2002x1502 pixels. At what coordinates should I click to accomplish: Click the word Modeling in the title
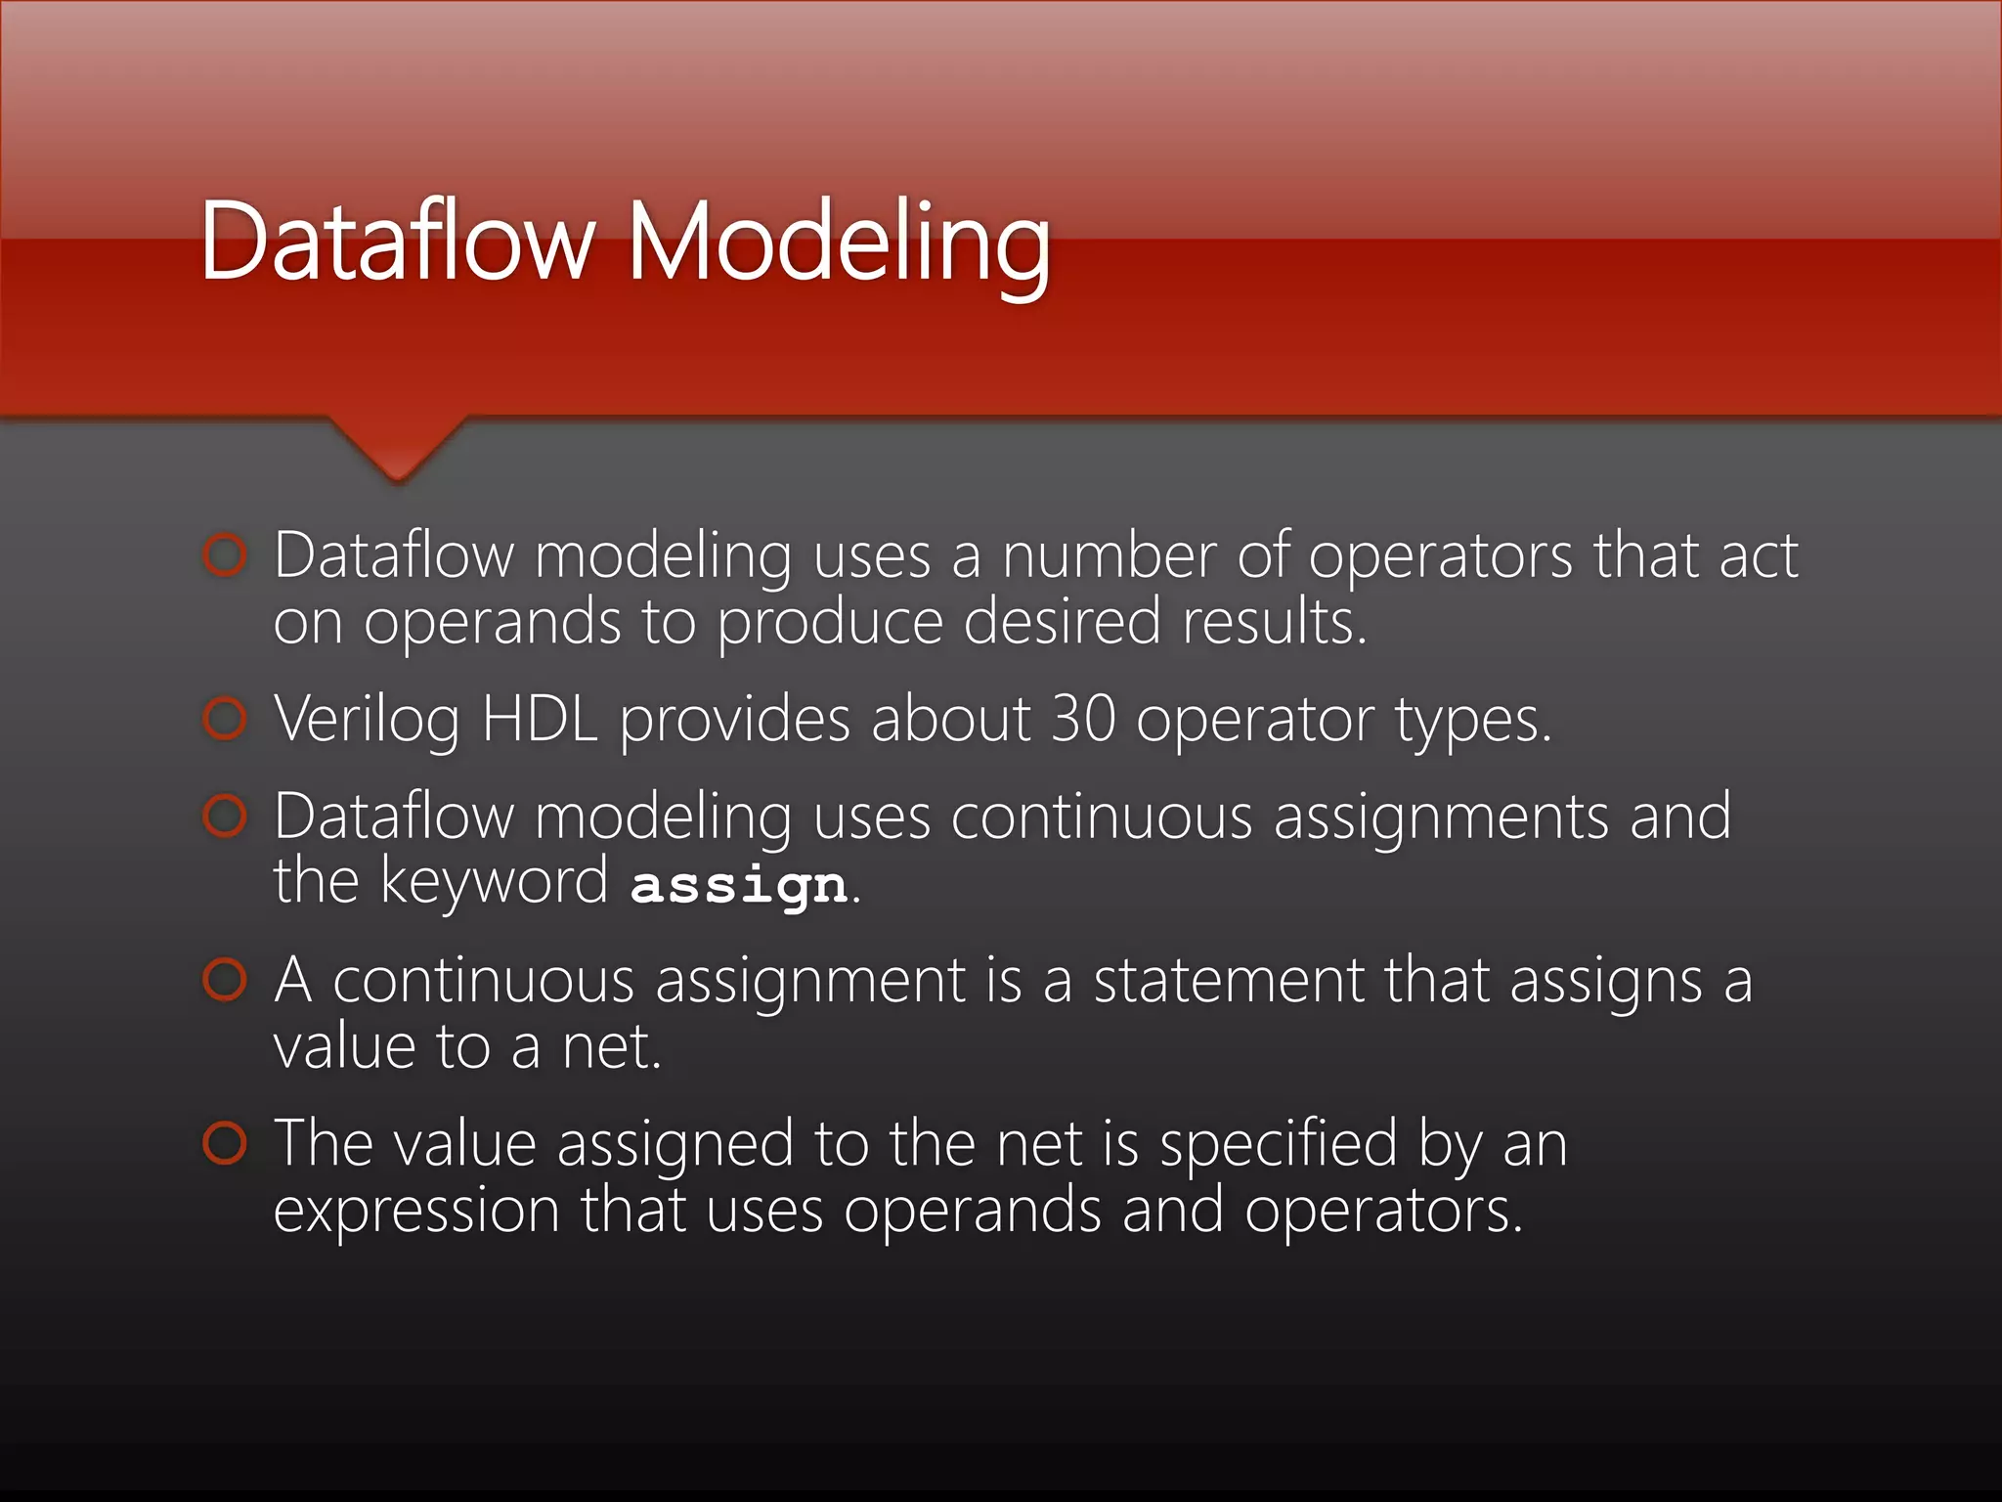click(838, 243)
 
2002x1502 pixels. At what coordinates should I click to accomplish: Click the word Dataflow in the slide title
click(397, 243)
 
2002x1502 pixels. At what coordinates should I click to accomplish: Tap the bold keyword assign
click(739, 885)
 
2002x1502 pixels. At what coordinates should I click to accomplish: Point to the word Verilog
click(367, 721)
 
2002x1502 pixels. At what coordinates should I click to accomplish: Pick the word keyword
click(494, 883)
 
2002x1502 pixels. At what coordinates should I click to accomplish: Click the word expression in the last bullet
click(416, 1212)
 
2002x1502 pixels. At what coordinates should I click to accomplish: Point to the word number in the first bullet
click(1109, 555)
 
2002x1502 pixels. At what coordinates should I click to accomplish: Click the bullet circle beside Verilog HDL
click(225, 719)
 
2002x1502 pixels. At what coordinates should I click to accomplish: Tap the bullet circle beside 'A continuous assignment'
click(225, 980)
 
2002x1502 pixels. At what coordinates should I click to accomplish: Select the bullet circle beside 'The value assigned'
click(225, 1143)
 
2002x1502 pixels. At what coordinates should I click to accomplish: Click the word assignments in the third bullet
click(1441, 817)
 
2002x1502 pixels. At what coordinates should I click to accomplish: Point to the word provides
click(735, 721)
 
